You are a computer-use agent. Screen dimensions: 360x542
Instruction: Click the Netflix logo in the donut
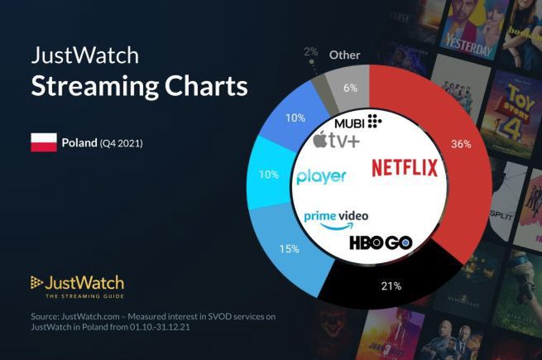point(404,168)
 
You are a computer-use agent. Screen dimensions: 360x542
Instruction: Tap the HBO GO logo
point(381,243)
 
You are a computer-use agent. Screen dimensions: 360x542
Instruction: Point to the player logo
point(320,176)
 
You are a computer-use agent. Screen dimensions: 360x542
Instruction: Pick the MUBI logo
point(357,122)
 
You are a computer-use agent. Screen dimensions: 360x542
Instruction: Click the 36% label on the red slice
point(461,144)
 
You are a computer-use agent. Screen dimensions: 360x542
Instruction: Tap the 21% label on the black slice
point(391,286)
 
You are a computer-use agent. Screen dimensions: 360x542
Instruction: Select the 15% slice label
point(289,249)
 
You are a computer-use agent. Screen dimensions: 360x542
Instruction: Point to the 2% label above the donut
point(311,51)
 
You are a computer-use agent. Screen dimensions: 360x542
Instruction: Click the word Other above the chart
point(344,55)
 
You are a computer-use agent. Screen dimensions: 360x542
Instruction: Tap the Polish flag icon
point(43,142)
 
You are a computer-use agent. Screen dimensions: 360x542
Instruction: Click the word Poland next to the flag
point(79,142)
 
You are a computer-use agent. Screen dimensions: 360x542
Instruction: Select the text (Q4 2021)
point(122,143)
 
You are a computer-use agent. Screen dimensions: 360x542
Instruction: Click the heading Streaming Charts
point(139,87)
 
